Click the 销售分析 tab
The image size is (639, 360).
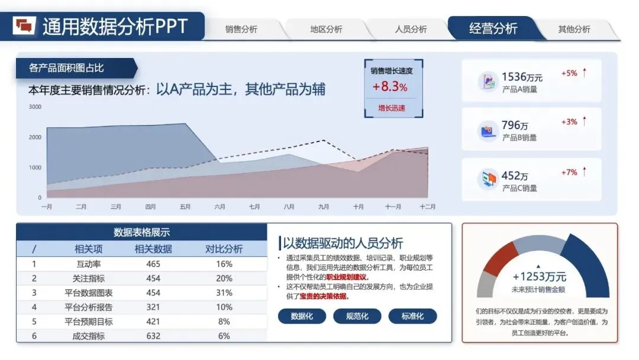pyautogui.click(x=241, y=29)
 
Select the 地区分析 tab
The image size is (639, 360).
pyautogui.click(x=326, y=29)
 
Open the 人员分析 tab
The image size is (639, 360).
pyautogui.click(x=411, y=29)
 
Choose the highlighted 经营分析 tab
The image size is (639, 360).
pyautogui.click(x=493, y=28)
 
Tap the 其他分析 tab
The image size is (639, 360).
pyautogui.click(x=574, y=29)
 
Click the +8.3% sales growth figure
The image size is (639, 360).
pyautogui.click(x=390, y=86)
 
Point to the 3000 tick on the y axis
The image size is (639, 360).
pyautogui.click(x=35, y=107)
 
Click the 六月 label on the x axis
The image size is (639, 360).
pyautogui.click(x=220, y=207)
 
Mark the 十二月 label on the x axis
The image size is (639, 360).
pyautogui.click(x=427, y=207)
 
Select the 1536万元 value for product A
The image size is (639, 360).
pyautogui.click(x=522, y=77)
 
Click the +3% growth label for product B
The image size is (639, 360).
pyautogui.click(x=569, y=122)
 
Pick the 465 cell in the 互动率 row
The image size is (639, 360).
pyautogui.click(x=153, y=264)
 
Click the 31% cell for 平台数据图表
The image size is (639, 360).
pyautogui.click(x=224, y=292)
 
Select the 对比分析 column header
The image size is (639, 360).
pyautogui.click(x=224, y=249)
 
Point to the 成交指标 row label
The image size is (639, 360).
pyautogui.click(x=89, y=336)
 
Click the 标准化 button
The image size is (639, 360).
pyautogui.click(x=412, y=316)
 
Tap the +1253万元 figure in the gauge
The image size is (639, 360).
pyautogui.click(x=539, y=277)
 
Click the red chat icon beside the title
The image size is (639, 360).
pyautogui.click(x=25, y=25)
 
